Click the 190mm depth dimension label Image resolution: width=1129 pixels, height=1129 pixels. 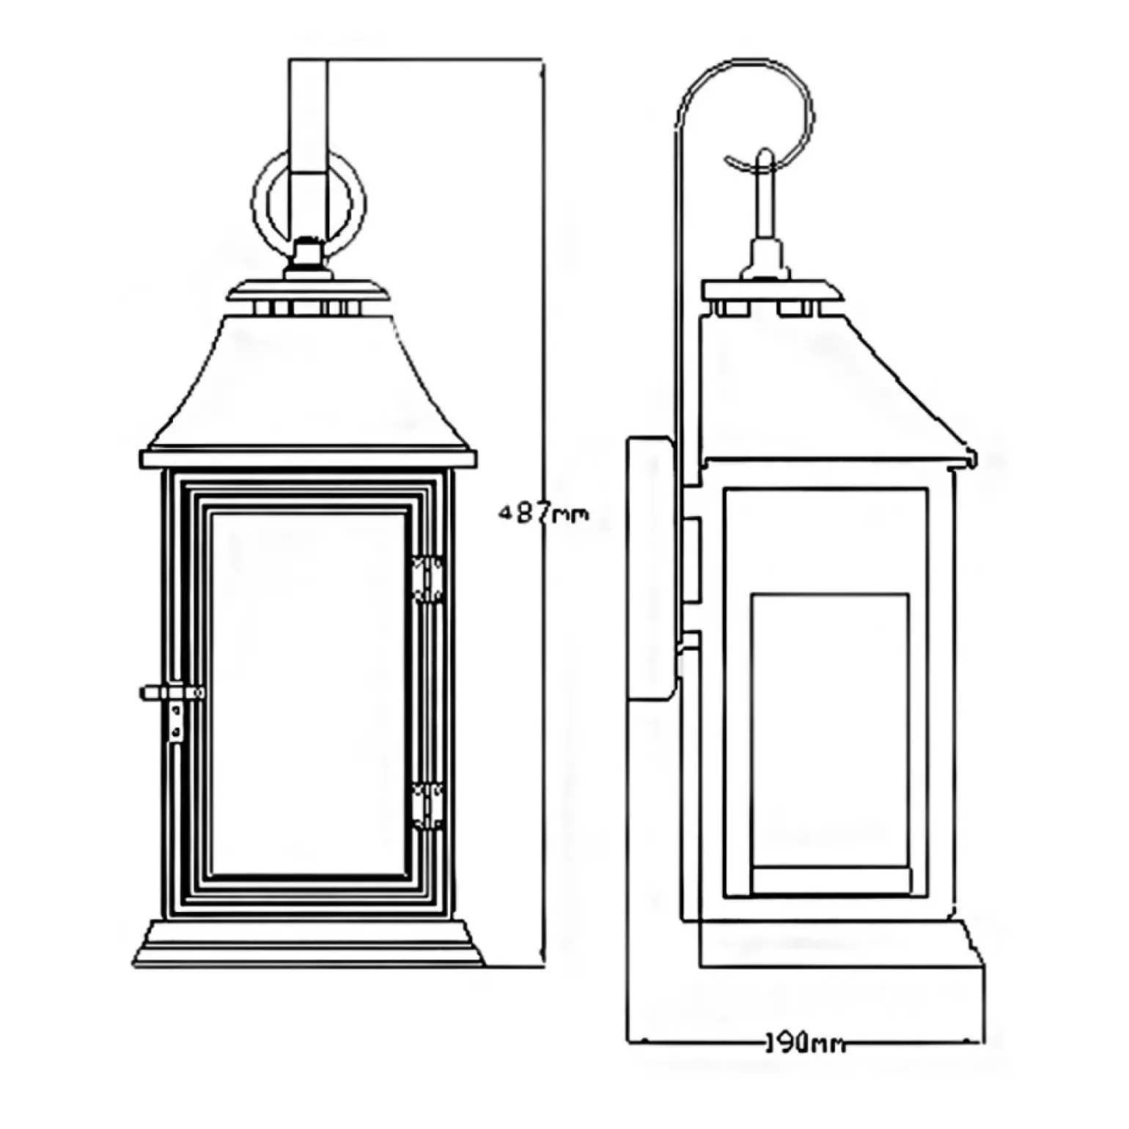pos(805,1042)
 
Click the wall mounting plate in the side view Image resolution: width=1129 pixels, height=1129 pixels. pos(651,568)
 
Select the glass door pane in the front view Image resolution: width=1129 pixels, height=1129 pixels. pos(308,693)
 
